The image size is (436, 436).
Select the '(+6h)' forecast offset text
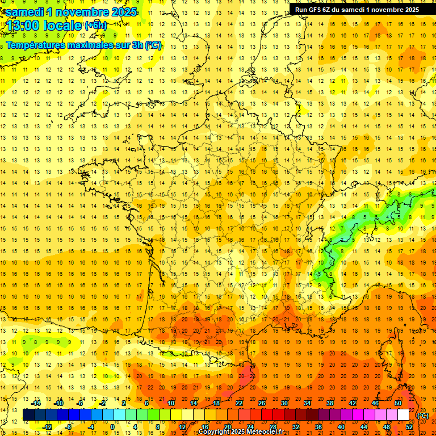pos(95,26)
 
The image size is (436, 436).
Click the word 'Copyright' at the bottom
pos(216,432)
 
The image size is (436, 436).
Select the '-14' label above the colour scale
pos(37,403)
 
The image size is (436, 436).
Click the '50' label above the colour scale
pos(398,403)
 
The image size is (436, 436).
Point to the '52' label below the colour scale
pos(409,426)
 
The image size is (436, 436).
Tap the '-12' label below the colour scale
pos(48,426)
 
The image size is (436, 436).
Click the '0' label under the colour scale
pos(112,426)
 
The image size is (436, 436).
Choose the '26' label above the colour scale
pos(262,403)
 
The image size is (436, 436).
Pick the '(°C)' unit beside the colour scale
pos(422,416)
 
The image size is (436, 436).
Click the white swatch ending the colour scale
pos(403,415)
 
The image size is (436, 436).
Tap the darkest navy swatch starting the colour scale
pos(28,415)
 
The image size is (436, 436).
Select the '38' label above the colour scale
pos(330,403)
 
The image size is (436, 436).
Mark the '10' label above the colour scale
pos(170,403)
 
